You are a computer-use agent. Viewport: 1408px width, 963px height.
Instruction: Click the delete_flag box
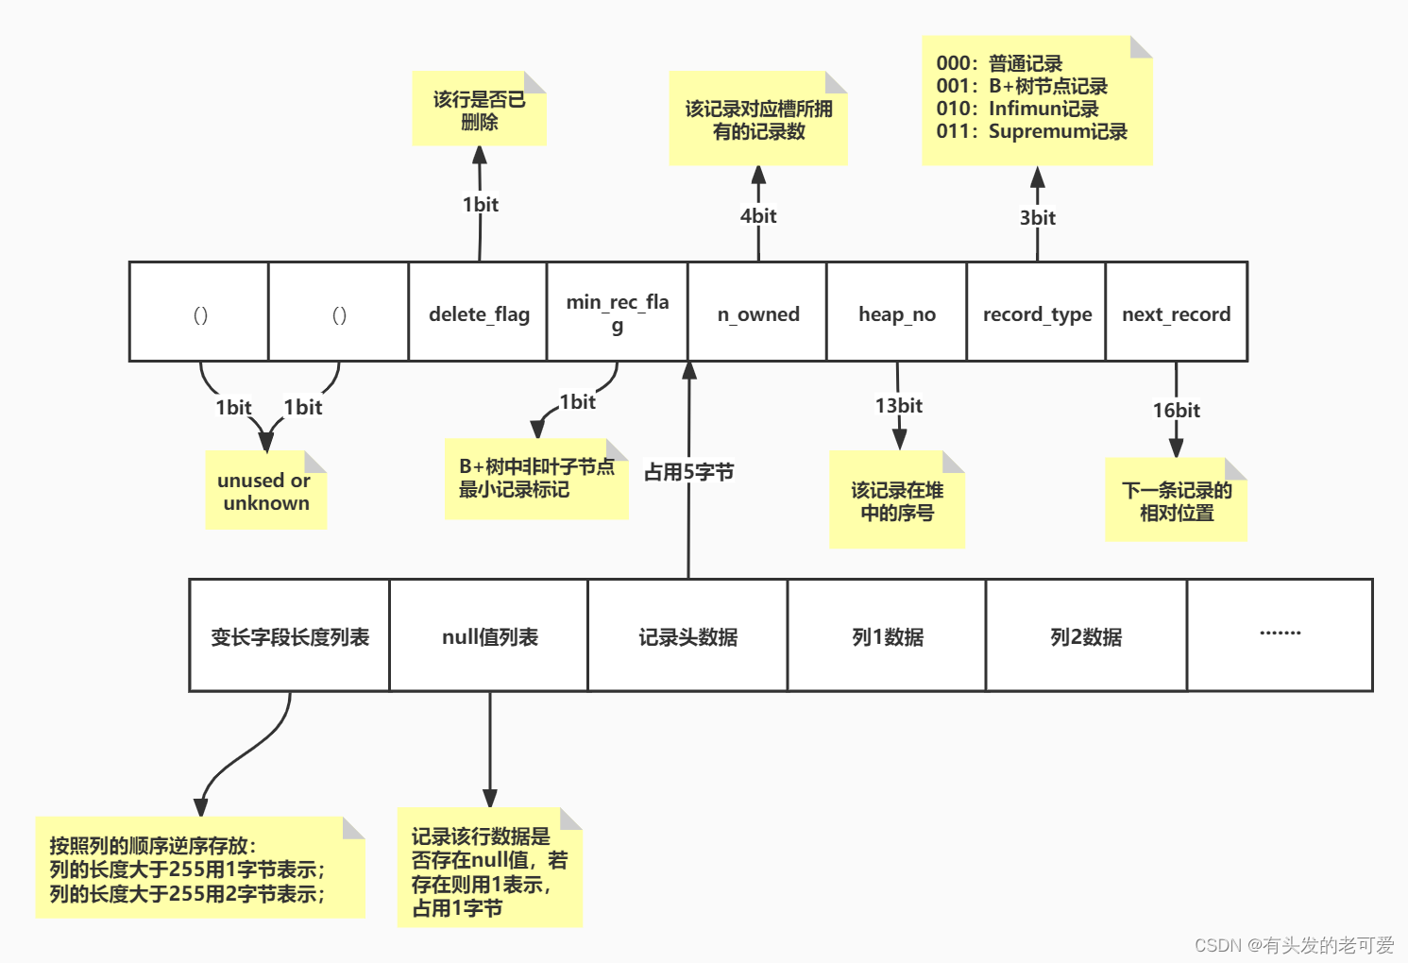coord(478,313)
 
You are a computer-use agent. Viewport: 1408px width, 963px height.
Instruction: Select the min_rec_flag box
coord(617,313)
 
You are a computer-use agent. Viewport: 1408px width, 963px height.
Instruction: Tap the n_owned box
coord(757,313)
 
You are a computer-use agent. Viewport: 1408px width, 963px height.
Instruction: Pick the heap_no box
coord(896,313)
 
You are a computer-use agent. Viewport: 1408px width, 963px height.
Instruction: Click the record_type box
coord(1036,313)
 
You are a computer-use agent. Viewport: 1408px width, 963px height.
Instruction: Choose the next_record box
coord(1176,313)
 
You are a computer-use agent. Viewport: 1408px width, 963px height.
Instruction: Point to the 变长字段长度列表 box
coord(290,636)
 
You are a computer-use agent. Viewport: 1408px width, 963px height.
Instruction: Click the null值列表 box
coord(489,636)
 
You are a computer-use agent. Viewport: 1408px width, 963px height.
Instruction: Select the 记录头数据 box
coord(687,636)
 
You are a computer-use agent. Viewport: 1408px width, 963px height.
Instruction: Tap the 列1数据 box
coord(887,636)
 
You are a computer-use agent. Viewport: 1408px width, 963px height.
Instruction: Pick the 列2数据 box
coord(1086,636)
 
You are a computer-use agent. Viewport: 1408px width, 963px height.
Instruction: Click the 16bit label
coord(1176,410)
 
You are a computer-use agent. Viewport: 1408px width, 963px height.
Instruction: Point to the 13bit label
coord(898,405)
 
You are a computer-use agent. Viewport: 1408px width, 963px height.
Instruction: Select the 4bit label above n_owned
coord(758,215)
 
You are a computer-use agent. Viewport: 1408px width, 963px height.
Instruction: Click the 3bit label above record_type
coord(1037,217)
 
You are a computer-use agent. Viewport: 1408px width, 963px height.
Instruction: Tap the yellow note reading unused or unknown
coord(265,491)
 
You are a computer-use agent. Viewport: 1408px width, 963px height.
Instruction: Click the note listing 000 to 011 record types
coord(1036,100)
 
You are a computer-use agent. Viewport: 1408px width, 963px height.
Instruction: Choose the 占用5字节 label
coord(688,471)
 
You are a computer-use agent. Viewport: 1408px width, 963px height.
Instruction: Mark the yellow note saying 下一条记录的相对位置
coord(1176,500)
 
